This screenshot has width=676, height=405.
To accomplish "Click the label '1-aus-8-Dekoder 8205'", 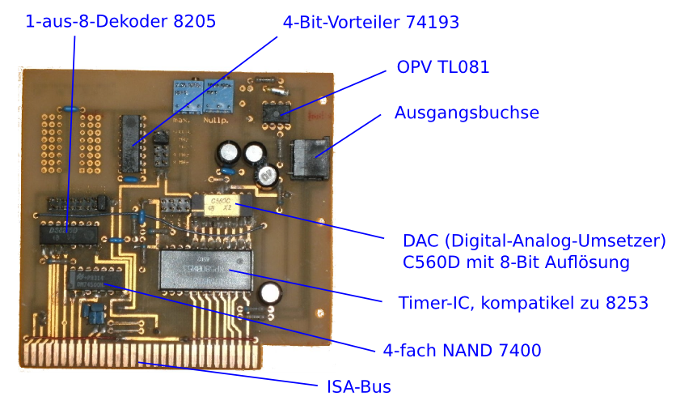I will pos(120,23).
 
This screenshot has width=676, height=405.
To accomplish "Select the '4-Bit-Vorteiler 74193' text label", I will pos(371,23).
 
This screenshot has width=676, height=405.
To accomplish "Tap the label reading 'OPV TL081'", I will pos(443,67).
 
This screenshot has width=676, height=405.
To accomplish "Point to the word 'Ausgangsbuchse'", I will pos(467,113).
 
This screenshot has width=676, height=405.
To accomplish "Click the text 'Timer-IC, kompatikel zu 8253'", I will pos(523,304).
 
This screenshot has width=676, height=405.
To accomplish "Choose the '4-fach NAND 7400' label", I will pos(462,351).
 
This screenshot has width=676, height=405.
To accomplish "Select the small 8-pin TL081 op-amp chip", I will pos(277,114).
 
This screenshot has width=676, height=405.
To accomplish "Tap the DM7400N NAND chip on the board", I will pos(95,278).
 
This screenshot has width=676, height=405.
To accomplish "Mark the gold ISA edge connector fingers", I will pos(142,355).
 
